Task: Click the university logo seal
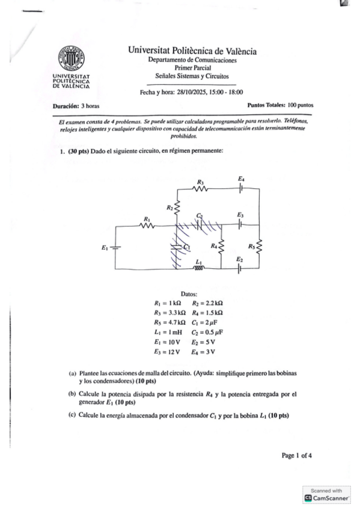coord(70,60)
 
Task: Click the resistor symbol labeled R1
coord(146,226)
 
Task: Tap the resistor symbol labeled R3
coord(201,188)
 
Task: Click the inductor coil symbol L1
coord(200,268)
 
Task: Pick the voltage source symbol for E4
coord(241,188)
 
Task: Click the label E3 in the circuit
coord(240,215)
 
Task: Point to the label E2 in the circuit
coord(239,259)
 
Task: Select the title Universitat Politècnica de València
coord(192,51)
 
